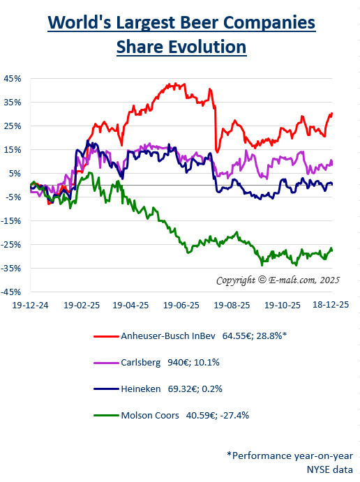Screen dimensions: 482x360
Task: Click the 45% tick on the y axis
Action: [x=13, y=78]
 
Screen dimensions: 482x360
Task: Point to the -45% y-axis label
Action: [x=12, y=292]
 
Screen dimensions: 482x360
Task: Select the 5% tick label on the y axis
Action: [x=15, y=173]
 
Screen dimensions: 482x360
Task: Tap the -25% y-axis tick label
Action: [x=12, y=245]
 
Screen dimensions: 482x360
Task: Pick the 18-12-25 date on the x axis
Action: [x=331, y=306]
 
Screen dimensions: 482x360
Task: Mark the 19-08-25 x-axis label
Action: [x=230, y=306]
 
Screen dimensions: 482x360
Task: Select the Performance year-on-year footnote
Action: [x=290, y=455]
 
